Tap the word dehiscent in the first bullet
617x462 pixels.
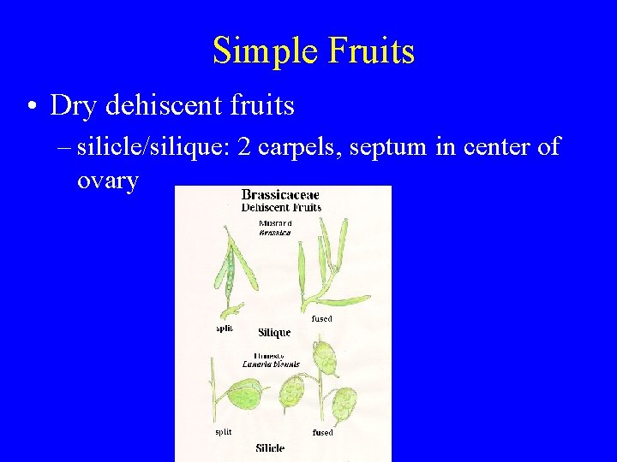coord(162,105)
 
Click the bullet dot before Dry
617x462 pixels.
coord(32,106)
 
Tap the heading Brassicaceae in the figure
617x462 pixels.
coord(280,195)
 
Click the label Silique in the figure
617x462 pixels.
coord(274,332)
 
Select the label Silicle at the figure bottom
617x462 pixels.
coord(270,447)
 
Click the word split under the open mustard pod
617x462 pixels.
coord(224,329)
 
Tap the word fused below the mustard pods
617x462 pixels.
coord(321,318)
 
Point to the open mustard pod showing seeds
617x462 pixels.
coord(226,274)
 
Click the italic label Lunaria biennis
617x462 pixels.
coord(271,364)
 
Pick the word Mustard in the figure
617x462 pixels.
coord(274,223)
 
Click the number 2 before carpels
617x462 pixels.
coord(244,146)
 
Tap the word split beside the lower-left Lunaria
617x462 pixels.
coord(223,432)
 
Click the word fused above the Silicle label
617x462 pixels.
coord(322,433)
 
